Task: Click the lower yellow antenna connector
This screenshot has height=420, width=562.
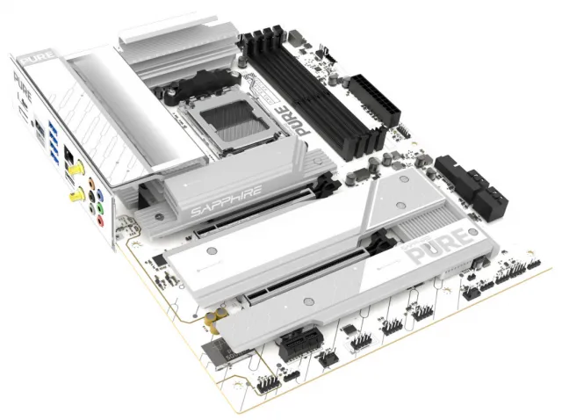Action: pyautogui.click(x=82, y=194)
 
